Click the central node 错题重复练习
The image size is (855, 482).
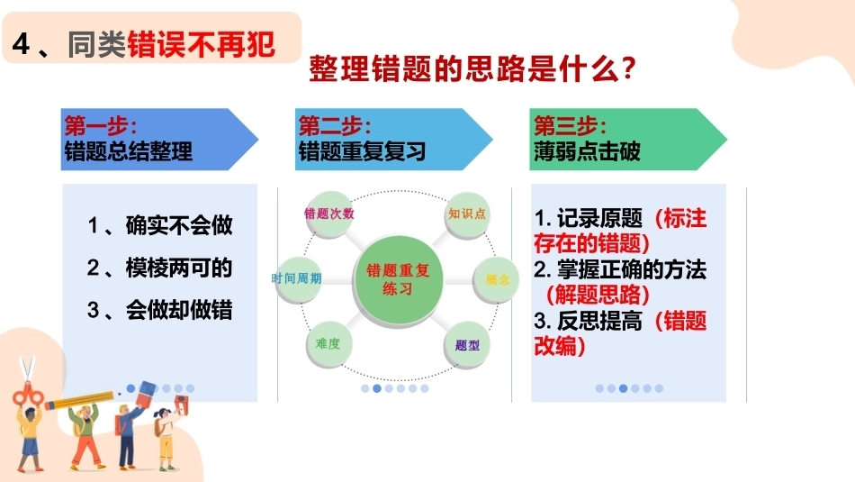398,280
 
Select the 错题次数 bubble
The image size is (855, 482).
328,214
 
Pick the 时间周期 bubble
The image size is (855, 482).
297,279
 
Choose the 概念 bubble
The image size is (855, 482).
496,279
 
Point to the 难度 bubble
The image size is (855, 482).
328,344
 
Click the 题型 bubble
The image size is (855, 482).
467,345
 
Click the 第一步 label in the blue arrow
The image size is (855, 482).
100,127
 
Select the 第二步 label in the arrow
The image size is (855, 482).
334,127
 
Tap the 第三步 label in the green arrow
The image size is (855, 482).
570,127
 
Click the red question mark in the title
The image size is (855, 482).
628,68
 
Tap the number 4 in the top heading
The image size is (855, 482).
21,43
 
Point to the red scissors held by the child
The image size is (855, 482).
26,381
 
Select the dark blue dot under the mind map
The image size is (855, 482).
377,388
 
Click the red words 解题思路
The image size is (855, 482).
598,295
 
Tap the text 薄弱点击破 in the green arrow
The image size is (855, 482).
587,151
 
